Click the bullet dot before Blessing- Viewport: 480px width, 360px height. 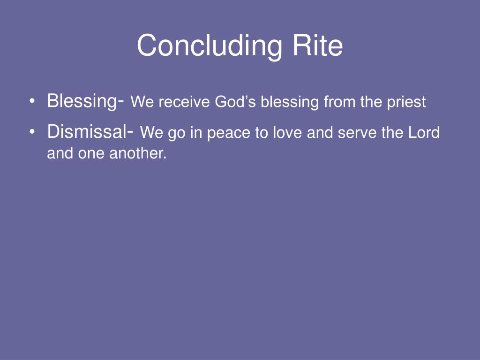31,101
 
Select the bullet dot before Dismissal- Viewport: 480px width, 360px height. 31,133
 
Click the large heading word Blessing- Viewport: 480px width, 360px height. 85,101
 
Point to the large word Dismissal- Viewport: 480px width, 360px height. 90,133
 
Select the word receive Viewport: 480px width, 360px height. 183,102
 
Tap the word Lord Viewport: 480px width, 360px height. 424,134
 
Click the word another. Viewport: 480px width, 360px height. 138,154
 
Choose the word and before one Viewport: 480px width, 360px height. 60,154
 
